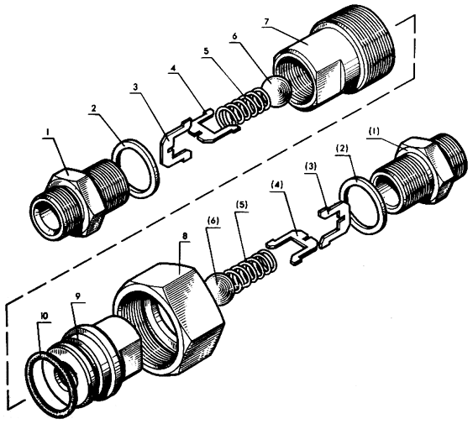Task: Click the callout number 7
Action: [266, 23]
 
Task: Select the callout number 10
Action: [44, 317]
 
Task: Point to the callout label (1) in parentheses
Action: [374, 132]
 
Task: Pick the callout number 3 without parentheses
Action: [135, 87]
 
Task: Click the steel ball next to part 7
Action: [276, 92]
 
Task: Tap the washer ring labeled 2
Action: [135, 168]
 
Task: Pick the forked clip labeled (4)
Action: [291, 246]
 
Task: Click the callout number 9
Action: [78, 297]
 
